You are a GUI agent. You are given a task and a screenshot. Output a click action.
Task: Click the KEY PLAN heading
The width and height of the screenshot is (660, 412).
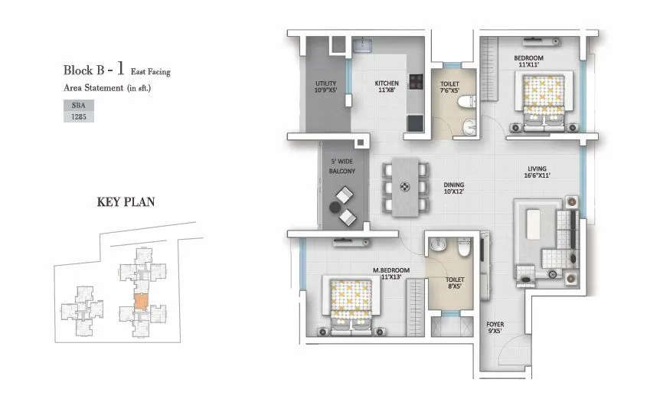126,202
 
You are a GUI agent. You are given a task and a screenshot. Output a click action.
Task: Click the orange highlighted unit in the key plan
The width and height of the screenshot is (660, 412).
141,301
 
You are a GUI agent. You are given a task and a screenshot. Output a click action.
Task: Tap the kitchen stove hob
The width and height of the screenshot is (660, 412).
417,82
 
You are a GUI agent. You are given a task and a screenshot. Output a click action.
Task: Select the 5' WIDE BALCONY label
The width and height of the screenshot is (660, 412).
341,167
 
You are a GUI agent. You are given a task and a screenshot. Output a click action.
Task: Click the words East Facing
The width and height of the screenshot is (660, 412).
151,72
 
